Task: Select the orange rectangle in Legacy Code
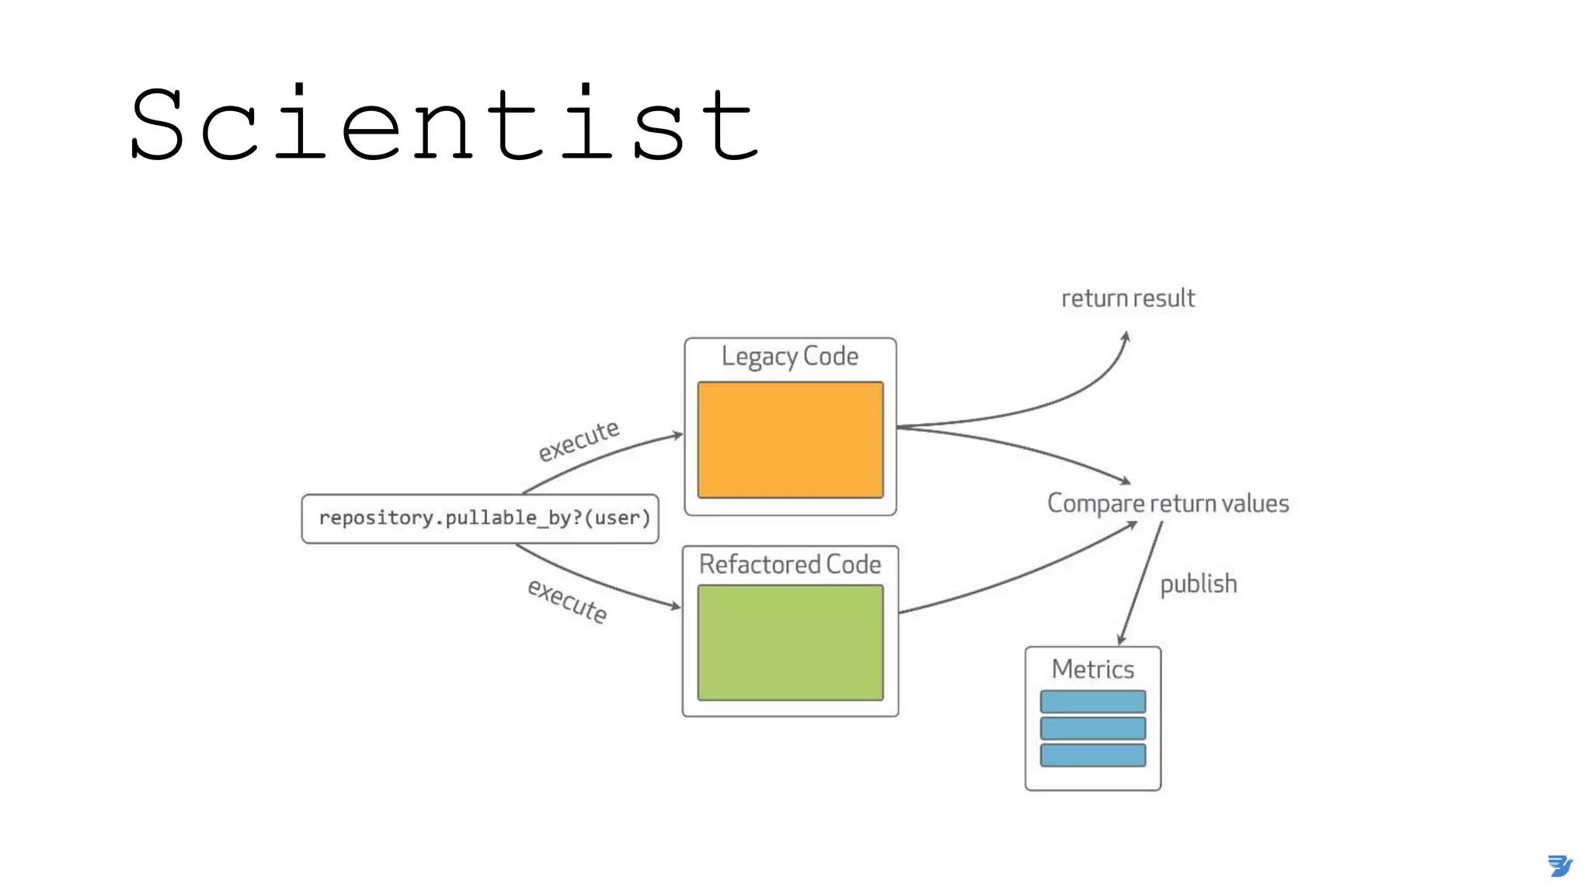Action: pos(790,440)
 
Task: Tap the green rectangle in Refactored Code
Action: pos(790,643)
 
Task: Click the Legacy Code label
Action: pos(790,357)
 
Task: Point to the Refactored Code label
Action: pos(790,564)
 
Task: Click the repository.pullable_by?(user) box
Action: pos(480,518)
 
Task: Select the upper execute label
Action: pos(579,441)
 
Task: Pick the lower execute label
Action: pos(567,601)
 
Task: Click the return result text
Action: pos(1128,298)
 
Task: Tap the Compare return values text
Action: pos(1168,503)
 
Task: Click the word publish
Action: pos(1198,583)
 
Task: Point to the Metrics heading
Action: pos(1092,669)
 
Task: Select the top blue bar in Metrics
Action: pos(1092,702)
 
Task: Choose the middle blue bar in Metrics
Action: pos(1092,729)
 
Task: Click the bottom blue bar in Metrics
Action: pos(1092,755)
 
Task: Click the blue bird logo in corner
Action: pos(1559,865)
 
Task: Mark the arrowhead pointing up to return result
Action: pos(1126,336)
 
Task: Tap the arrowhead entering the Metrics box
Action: pos(1121,640)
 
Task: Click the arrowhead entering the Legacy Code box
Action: pos(678,435)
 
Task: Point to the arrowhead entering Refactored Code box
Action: pos(676,606)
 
